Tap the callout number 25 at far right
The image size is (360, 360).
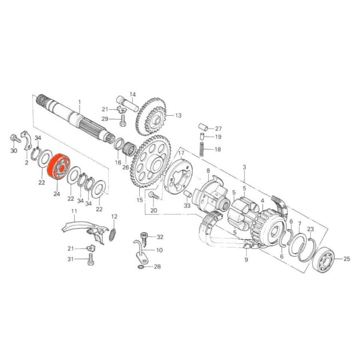click(346, 259)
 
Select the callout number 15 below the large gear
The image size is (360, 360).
click(140, 200)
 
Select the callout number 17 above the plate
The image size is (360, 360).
click(181, 153)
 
